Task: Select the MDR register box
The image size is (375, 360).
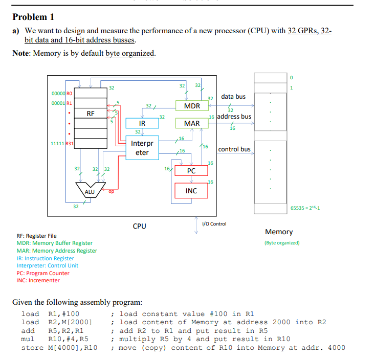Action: click(191, 106)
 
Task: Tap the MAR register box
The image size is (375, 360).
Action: click(191, 123)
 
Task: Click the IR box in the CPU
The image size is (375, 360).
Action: click(142, 123)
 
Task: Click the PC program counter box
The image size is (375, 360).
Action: click(191, 170)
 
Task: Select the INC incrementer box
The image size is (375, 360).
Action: click(191, 191)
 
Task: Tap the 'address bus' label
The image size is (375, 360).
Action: click(234, 117)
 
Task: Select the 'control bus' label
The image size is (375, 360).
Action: click(234, 149)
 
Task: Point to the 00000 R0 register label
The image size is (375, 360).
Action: click(62, 94)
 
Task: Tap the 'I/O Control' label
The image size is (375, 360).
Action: click(214, 224)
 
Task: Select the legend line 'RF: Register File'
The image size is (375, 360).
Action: click(36, 236)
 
